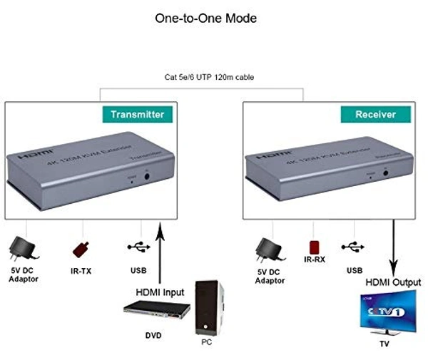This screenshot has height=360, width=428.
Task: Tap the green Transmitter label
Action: tap(137, 114)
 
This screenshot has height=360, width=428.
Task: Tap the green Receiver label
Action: tap(375, 114)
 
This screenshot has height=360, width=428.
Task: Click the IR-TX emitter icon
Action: tap(81, 250)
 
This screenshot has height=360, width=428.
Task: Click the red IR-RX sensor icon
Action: tap(314, 247)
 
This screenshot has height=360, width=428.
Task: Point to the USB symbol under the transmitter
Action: tap(138, 247)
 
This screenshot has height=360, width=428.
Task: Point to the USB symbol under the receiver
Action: tap(354, 247)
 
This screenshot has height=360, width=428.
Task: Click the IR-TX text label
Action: tap(81, 270)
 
